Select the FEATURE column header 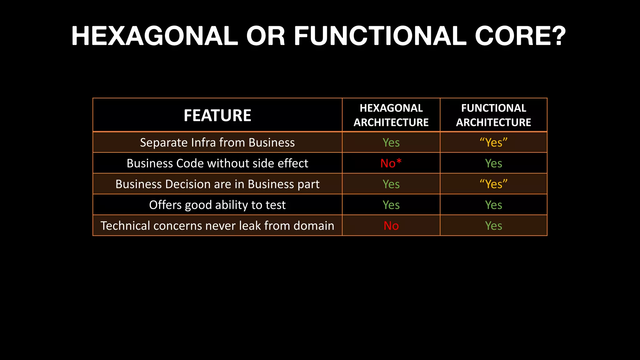(x=217, y=115)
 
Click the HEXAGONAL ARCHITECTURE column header (x=391, y=115)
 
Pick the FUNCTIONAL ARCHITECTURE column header (x=493, y=115)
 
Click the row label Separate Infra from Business (x=217, y=142)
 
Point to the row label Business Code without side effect (x=217, y=163)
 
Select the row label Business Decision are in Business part (x=217, y=184)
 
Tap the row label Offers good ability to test (x=217, y=205)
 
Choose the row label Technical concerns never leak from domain (x=217, y=226)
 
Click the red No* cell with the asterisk (x=391, y=163)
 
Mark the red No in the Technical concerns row (x=391, y=226)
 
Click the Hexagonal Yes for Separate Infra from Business (x=391, y=142)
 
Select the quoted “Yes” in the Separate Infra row (x=493, y=142)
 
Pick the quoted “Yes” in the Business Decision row (x=493, y=184)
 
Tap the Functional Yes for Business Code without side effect (x=493, y=163)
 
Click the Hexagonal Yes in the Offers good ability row (x=391, y=205)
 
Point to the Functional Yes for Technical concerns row (x=493, y=226)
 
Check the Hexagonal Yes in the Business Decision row (x=391, y=184)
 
